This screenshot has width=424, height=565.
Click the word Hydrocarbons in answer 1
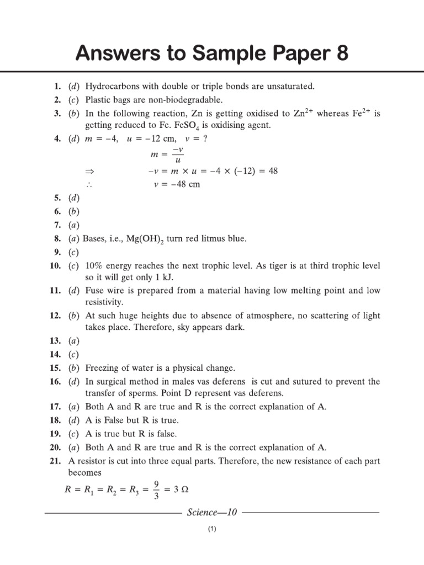113,86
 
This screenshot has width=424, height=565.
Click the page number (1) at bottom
212,530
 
